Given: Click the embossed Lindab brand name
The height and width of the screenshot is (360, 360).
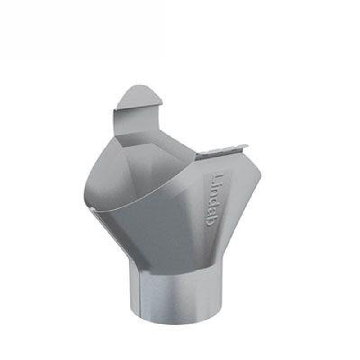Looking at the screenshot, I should pos(217,201).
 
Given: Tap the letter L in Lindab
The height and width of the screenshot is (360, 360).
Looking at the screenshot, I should pos(219,178).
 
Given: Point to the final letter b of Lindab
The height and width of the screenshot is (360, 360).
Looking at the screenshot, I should pos(215,222).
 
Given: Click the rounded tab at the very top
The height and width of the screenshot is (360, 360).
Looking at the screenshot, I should pos(139,97).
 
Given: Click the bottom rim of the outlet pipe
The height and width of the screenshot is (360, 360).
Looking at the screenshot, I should pos(175,320).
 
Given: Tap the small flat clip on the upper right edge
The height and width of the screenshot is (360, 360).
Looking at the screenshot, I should pos(223,152).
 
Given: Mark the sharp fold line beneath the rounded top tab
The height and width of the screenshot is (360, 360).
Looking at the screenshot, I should pos(137,108).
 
